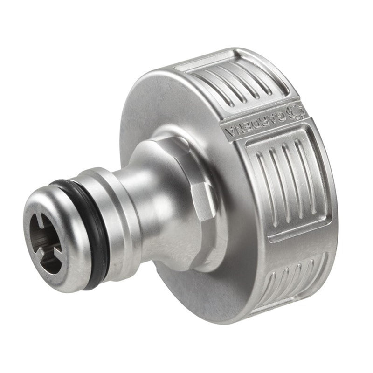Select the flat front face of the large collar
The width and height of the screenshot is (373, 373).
click(154, 117)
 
